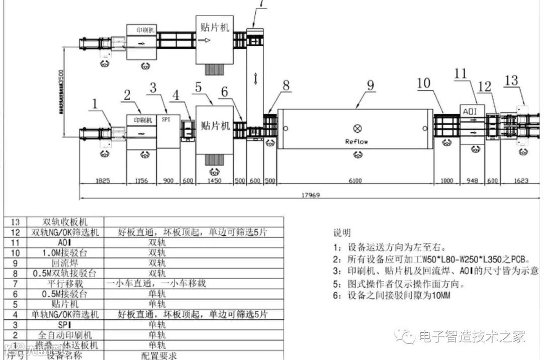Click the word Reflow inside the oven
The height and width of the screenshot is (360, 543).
(356, 141)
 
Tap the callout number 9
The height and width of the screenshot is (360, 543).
(370, 85)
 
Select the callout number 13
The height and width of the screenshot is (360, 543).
(511, 80)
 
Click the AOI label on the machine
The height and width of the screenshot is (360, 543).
(472, 111)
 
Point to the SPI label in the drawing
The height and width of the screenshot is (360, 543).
(165, 120)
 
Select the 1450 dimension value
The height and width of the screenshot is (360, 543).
(215, 181)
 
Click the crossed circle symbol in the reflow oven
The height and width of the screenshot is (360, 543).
(357, 128)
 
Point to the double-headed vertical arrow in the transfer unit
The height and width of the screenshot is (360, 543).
(255, 78)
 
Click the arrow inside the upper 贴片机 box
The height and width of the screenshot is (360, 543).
(205, 41)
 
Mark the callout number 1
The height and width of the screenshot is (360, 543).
(94, 104)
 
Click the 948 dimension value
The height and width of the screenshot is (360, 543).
(472, 181)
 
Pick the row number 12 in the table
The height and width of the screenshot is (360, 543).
(15, 232)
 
